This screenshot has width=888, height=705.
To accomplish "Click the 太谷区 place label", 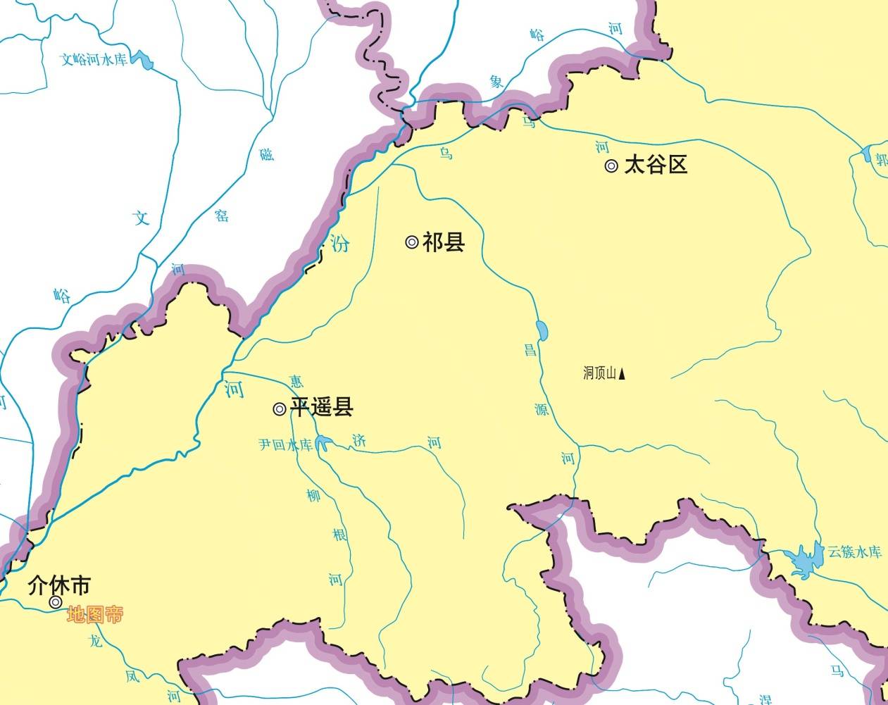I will (656, 166).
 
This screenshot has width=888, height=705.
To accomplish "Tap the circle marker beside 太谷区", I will (611, 166).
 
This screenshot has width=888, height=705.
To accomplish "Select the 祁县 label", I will (444, 242).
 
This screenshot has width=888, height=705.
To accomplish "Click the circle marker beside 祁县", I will (412, 242).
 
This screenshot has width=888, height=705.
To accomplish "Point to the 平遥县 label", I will (322, 407).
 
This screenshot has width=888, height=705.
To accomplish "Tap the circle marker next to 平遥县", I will (280, 408).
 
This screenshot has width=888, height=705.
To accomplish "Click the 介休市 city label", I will (59, 585).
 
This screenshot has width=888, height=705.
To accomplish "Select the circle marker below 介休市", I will (55, 602).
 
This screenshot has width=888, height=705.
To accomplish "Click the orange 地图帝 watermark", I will (95, 615).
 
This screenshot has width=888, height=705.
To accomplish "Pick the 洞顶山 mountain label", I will (599, 373).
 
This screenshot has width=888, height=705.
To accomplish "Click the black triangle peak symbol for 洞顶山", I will (622, 374).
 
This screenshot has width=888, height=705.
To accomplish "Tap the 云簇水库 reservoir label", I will (854, 551).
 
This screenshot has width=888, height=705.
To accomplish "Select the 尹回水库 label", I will (285, 445).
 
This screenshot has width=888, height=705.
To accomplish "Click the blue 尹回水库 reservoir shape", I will (323, 443).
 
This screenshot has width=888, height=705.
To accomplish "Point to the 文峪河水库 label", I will (94, 59).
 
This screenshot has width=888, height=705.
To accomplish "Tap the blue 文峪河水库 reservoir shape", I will (145, 61).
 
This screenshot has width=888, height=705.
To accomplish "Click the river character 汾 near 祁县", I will (340, 244).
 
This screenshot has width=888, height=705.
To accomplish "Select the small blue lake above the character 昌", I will (542, 329).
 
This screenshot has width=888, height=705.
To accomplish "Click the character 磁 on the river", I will (267, 154).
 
